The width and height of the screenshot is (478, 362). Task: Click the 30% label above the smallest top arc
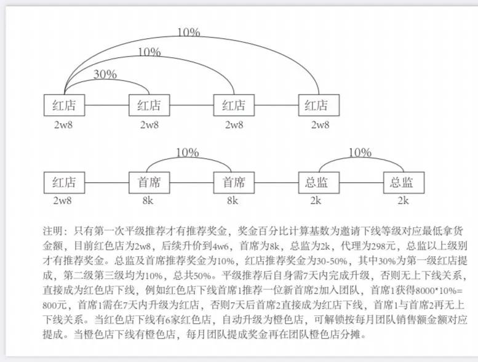click(105, 74)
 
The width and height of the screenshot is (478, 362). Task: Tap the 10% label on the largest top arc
click(188, 31)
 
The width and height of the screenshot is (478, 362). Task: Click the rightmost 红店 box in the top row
click(317, 105)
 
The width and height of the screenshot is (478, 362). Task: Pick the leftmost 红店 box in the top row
click(63, 105)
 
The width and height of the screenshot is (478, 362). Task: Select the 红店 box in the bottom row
click(63, 183)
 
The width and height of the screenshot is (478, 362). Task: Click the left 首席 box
click(148, 183)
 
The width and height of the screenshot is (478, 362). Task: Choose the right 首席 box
click(233, 183)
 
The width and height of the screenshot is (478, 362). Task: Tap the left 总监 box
click(317, 183)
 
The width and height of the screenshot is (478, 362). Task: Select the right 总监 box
click(402, 183)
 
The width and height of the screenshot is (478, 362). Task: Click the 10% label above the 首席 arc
click(187, 153)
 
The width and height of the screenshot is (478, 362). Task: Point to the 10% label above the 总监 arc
click(360, 153)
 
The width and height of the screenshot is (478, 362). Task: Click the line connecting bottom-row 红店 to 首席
click(106, 183)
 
